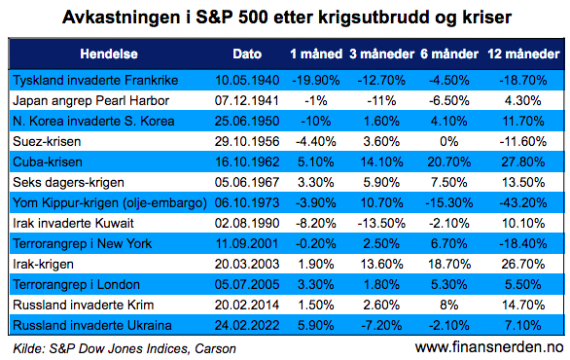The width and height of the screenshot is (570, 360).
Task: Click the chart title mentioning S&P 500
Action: click(x=285, y=17)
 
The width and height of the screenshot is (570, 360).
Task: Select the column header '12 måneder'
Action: click(x=516, y=53)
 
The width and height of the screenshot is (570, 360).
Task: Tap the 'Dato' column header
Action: click(x=247, y=53)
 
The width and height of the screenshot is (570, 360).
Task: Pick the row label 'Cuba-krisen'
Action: click(x=46, y=161)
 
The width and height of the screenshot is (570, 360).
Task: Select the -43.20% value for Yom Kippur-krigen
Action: click(x=516, y=202)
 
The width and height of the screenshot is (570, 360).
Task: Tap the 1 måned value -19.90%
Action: click(x=313, y=78)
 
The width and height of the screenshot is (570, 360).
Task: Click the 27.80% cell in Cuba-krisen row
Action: click(x=516, y=161)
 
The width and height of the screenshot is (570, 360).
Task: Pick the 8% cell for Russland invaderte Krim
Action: click(x=444, y=306)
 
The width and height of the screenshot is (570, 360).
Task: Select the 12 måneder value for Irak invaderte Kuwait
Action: click(x=516, y=223)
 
